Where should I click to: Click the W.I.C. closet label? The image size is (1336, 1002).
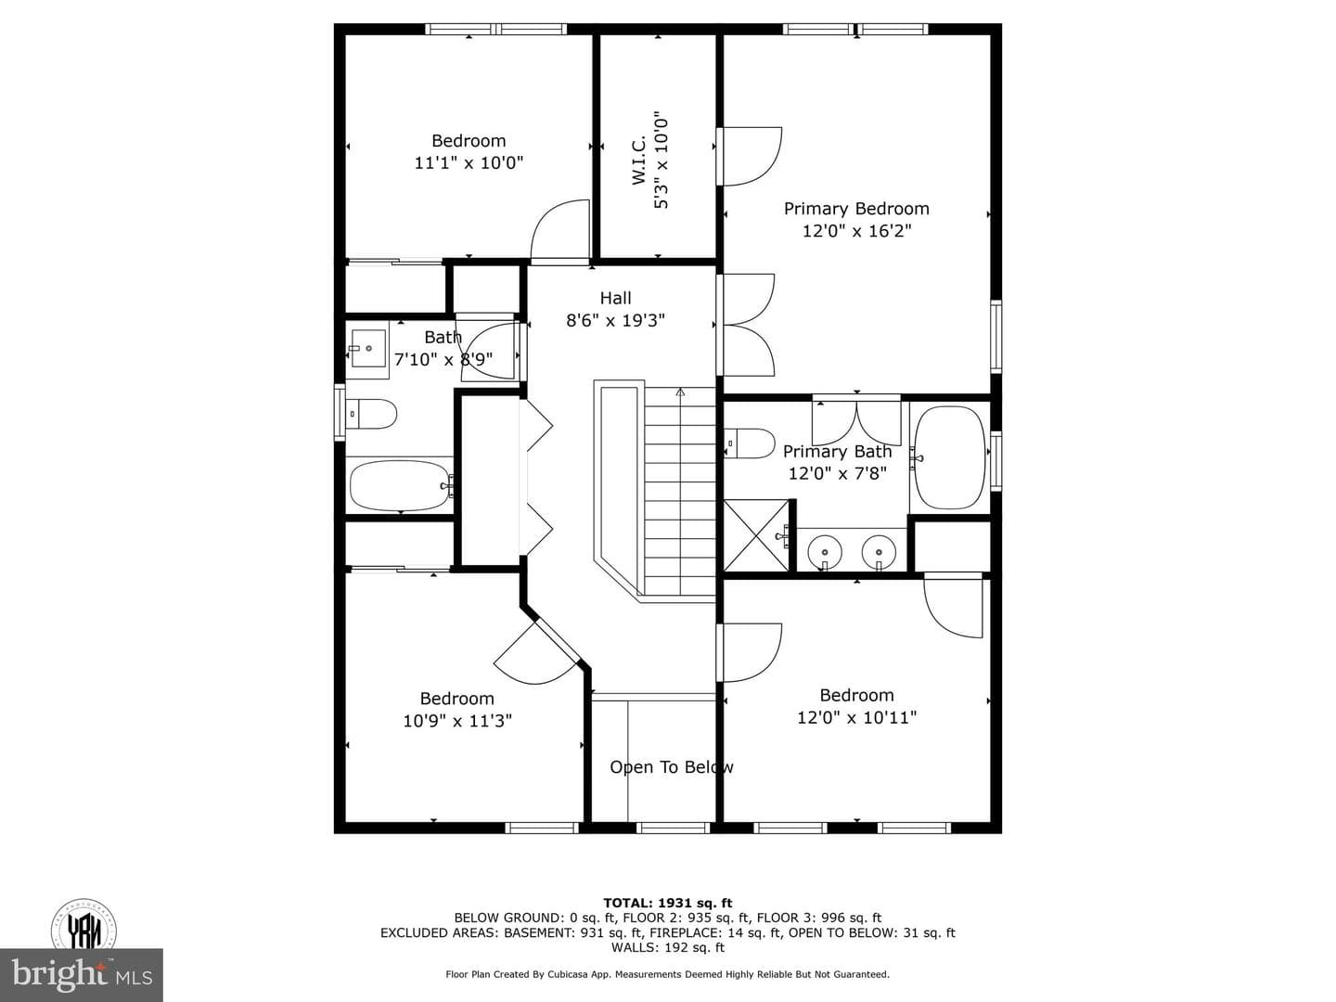coord(638,160)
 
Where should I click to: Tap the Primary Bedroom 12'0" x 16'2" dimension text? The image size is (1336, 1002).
coord(856,231)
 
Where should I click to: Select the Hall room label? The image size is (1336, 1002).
coord(615,298)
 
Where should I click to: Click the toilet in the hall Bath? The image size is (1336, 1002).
coord(371,414)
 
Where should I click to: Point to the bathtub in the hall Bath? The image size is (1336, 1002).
coord(400,485)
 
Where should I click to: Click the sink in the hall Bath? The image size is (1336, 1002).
coord(367,349)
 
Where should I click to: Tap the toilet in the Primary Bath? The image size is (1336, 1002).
coord(750,443)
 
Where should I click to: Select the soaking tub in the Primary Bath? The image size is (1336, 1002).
coord(950,457)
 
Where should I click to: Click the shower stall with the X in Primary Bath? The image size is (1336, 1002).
coord(756,535)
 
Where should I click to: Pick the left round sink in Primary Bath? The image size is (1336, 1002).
coord(825,552)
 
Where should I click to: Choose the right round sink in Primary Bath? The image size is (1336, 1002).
coord(879,552)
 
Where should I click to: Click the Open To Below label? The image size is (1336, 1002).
coord(672,767)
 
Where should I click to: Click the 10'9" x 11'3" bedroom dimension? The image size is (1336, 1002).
coord(457,721)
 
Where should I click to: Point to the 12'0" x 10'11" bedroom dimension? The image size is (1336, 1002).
coord(856,718)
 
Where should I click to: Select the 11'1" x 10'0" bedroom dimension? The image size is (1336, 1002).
coord(469,163)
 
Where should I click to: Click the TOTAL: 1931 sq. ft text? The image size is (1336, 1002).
coord(668,903)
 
